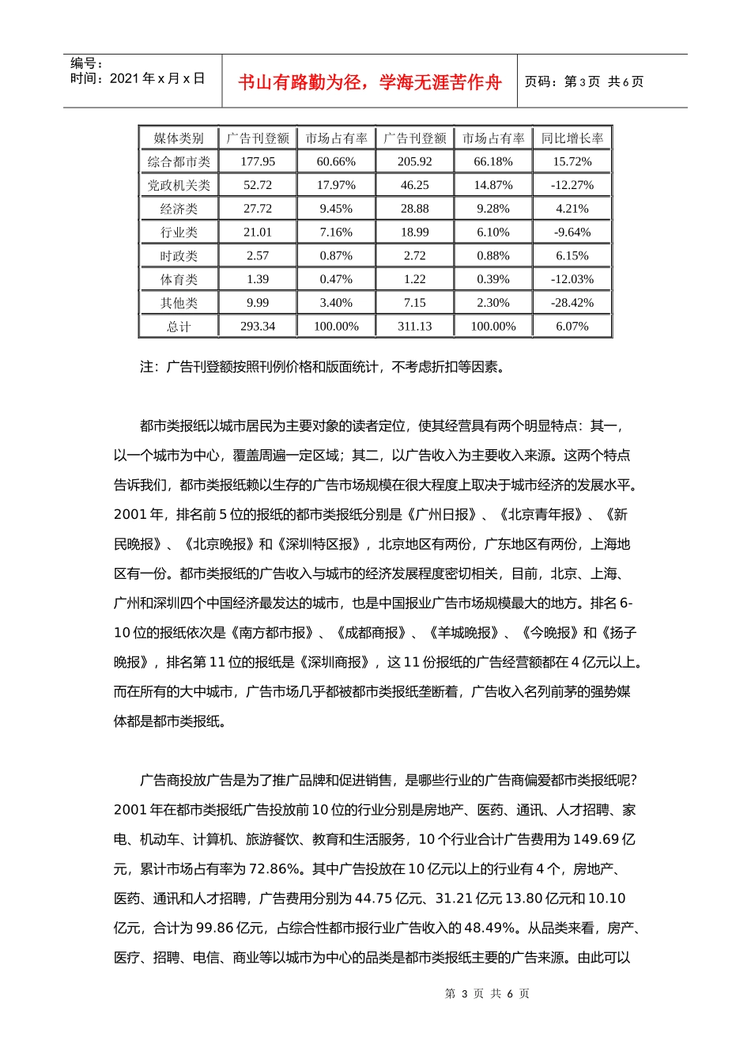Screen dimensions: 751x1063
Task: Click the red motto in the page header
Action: [x=369, y=82]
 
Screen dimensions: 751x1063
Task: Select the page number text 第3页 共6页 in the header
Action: [x=584, y=81]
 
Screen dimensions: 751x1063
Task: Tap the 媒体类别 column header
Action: [x=179, y=138]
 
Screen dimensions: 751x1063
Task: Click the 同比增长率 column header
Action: [x=572, y=138]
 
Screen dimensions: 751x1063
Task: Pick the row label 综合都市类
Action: [x=179, y=162]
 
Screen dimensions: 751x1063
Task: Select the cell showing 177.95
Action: [x=258, y=161]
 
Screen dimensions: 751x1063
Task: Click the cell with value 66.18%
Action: [x=493, y=161]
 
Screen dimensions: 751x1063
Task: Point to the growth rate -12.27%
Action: [x=572, y=185]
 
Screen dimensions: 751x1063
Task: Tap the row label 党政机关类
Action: [x=179, y=185]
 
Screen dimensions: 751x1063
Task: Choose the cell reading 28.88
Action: [x=415, y=209]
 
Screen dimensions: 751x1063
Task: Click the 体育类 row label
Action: [x=179, y=279]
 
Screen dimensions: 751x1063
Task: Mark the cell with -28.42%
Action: [x=572, y=303]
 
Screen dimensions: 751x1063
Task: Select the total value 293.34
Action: [x=258, y=326]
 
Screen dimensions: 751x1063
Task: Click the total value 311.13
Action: [x=415, y=326]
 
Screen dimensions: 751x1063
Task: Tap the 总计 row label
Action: [x=179, y=327]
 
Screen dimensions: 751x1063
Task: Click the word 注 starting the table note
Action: [x=146, y=367]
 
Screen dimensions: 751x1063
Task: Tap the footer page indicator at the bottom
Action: [x=487, y=993]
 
